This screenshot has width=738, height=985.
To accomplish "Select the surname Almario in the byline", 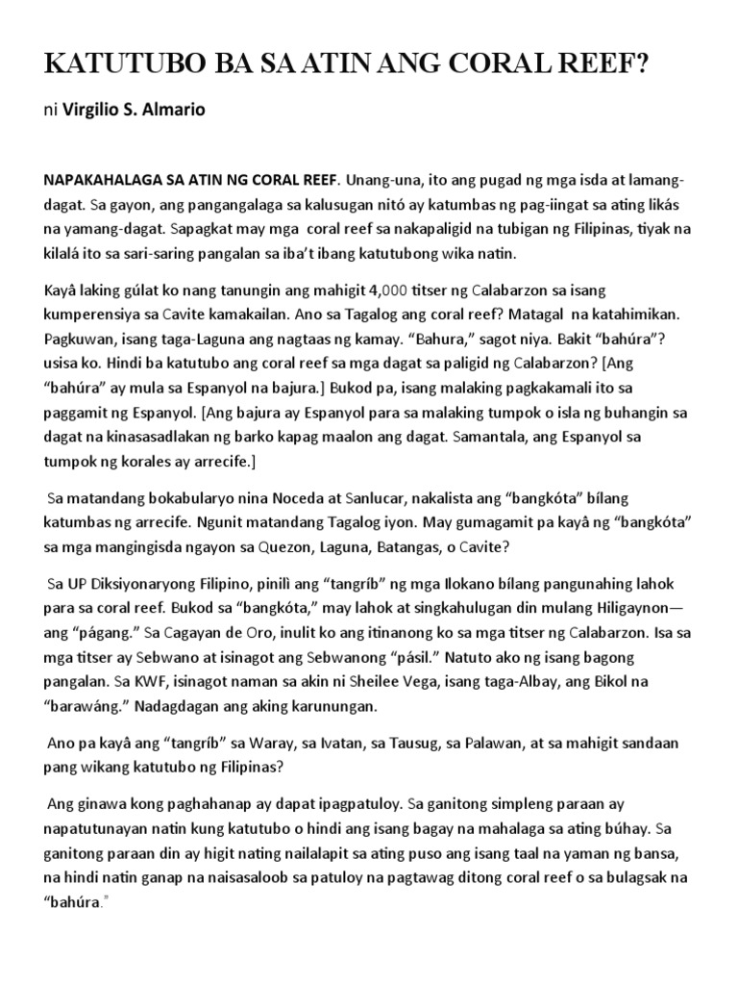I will (174, 110).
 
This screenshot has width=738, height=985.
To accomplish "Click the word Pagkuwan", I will (80, 340).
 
